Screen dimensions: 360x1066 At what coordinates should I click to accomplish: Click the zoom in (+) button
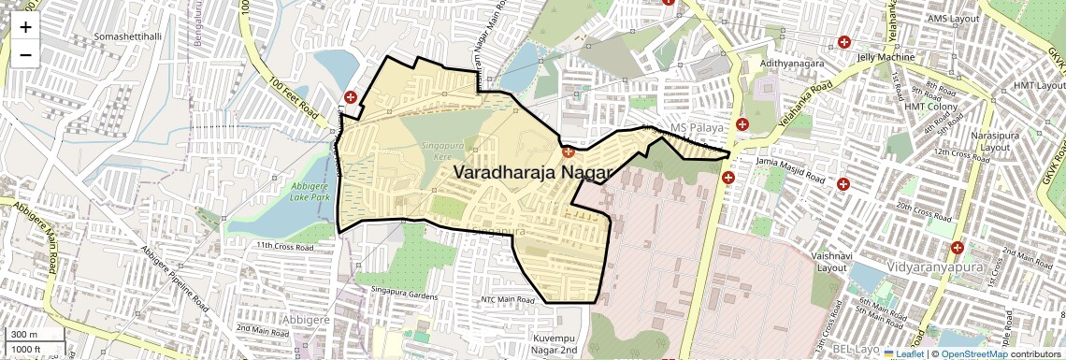click(x=25, y=27)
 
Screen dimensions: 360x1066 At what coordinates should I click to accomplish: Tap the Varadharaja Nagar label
click(x=533, y=173)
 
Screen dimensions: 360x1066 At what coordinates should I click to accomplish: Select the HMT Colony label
click(x=927, y=106)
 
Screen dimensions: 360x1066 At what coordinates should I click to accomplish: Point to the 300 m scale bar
click(x=26, y=335)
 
